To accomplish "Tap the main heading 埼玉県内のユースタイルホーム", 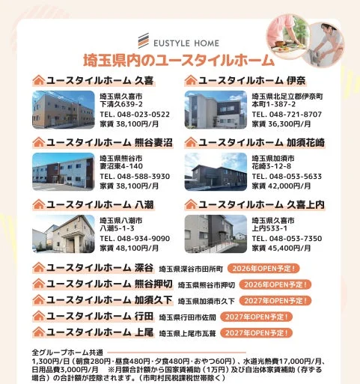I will coord(179,61).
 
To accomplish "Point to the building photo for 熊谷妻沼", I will coord(63,171).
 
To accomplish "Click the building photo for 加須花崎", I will coord(216,171).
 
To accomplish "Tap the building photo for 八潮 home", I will coord(63,233).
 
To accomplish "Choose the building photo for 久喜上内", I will coord(216,233).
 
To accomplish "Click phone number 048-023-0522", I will coord(135,115).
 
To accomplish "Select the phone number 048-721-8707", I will coord(287,115).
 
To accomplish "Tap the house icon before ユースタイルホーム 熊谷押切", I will coord(37,284).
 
